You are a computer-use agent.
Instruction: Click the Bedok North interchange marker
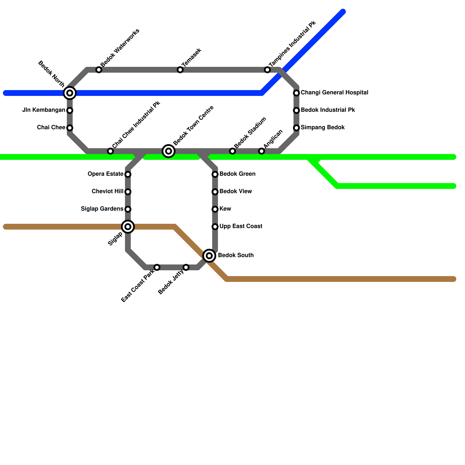tap(70, 93)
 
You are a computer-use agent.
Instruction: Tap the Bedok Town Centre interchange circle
tap(169, 151)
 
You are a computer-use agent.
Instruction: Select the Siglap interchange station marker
tap(128, 227)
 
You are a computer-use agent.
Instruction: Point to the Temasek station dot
tap(180, 70)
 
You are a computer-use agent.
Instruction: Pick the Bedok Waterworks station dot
tap(99, 70)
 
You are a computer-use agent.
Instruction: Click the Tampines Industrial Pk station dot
tap(267, 70)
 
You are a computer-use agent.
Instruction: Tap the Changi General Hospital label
tap(335, 93)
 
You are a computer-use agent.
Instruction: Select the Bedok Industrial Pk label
tap(328, 110)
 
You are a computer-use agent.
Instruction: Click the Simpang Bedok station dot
tap(296, 128)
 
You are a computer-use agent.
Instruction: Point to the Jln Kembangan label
tap(44, 110)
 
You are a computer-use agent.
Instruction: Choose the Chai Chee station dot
tap(70, 128)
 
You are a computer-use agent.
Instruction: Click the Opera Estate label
tap(105, 174)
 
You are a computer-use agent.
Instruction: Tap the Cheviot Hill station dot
tap(128, 192)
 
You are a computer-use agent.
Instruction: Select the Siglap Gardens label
tap(102, 209)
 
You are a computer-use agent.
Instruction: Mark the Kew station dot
tap(215, 209)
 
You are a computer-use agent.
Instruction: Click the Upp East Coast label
tap(241, 226)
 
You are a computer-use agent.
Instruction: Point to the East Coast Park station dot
tap(157, 267)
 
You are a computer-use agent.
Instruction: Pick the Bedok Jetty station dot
tap(186, 267)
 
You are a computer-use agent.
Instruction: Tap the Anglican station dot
tap(262, 151)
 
